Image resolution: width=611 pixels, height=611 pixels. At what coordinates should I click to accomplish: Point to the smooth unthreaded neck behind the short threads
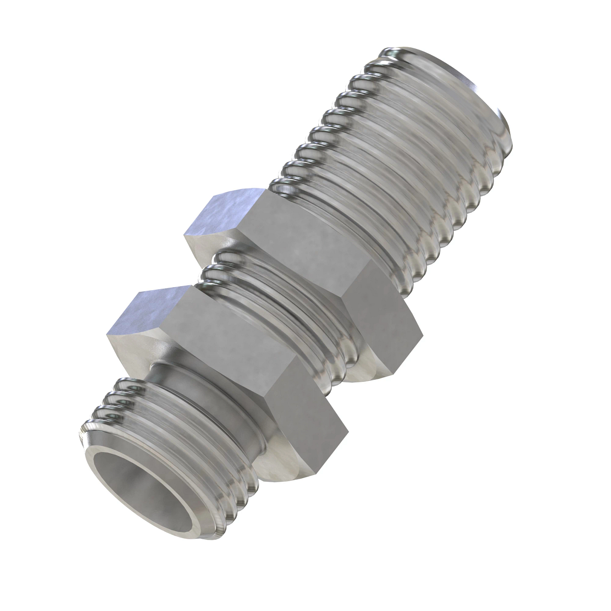pos(204,387)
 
